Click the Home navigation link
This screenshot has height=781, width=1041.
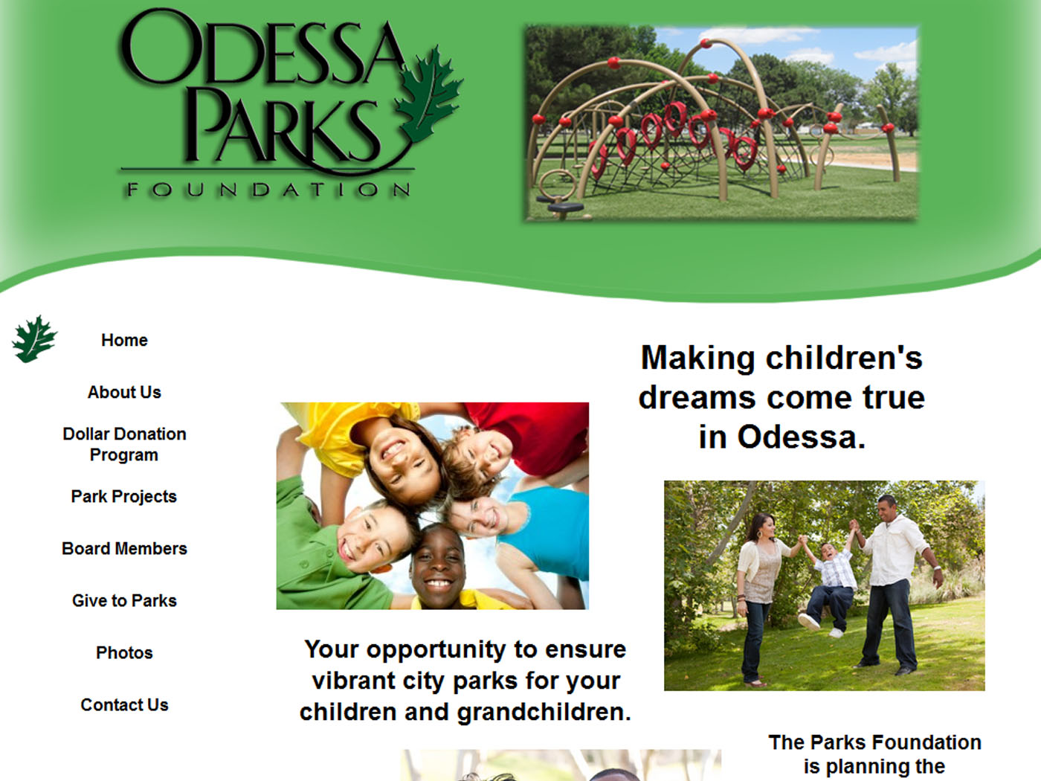124,340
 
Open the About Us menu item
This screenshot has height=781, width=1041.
124,392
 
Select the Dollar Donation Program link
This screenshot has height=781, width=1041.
124,444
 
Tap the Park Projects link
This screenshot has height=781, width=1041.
123,496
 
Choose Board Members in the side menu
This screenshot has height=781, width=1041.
124,549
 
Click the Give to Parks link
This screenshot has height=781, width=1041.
124,601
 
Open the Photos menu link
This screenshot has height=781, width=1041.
124,653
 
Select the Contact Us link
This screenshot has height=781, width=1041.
124,705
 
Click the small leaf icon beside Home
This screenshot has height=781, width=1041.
34,339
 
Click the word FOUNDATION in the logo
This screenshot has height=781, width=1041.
268,190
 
